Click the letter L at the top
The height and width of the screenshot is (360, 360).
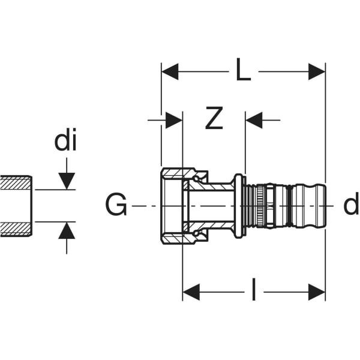pos(242,72)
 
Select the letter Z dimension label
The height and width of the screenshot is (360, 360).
pos(214,120)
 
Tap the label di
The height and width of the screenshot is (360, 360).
pos(66,142)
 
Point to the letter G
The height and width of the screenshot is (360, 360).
pos(116,206)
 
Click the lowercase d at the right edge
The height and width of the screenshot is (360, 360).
pos(350,206)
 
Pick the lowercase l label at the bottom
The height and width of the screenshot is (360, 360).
pos(253,292)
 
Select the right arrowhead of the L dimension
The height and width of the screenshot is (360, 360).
pos(317,72)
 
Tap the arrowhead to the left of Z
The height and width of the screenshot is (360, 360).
pos(174,120)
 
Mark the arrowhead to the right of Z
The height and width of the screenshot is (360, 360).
pos(254,120)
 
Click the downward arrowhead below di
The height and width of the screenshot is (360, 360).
pos(67,180)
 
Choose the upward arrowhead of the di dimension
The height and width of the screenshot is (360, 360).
pos(67,230)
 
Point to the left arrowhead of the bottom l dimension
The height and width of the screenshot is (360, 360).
pos(191,292)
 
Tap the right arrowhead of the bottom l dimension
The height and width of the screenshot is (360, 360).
pos(317,292)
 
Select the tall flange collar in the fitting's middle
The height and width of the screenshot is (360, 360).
pos(239,206)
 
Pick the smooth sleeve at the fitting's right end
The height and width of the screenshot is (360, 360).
pos(308,206)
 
